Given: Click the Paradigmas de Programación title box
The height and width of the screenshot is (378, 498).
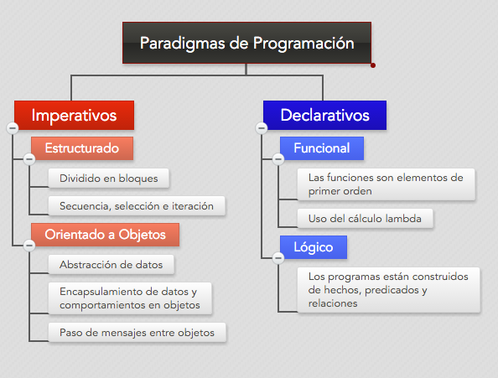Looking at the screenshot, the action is click(x=246, y=43).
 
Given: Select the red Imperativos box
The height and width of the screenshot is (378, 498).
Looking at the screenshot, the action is click(x=74, y=115).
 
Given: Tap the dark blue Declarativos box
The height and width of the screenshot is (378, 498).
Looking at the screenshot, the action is click(x=324, y=115).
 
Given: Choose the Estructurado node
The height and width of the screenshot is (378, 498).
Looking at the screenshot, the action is click(x=82, y=148).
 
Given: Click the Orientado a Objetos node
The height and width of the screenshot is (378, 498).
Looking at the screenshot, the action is click(x=105, y=235).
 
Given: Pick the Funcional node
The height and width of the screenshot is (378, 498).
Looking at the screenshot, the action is click(x=322, y=148).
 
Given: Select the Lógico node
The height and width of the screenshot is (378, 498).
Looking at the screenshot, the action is click(x=314, y=247).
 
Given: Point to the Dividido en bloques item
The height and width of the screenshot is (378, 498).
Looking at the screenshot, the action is click(x=109, y=178).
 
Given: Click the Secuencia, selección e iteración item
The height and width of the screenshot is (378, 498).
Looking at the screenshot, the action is click(x=137, y=205).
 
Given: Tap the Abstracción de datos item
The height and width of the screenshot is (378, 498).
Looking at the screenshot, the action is click(x=112, y=264).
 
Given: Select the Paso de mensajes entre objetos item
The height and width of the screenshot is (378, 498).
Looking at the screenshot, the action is click(x=137, y=332).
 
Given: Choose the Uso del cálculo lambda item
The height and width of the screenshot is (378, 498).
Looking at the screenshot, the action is click(x=365, y=219).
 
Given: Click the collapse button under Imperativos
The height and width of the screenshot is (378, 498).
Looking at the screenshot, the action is click(x=13, y=128).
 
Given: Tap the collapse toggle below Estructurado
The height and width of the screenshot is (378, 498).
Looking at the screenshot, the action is click(x=29, y=158).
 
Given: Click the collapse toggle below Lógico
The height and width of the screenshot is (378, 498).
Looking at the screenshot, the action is click(x=278, y=257).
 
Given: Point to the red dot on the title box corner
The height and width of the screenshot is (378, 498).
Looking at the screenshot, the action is click(x=373, y=65).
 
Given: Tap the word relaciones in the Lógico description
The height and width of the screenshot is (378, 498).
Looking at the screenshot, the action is click(x=333, y=303).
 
